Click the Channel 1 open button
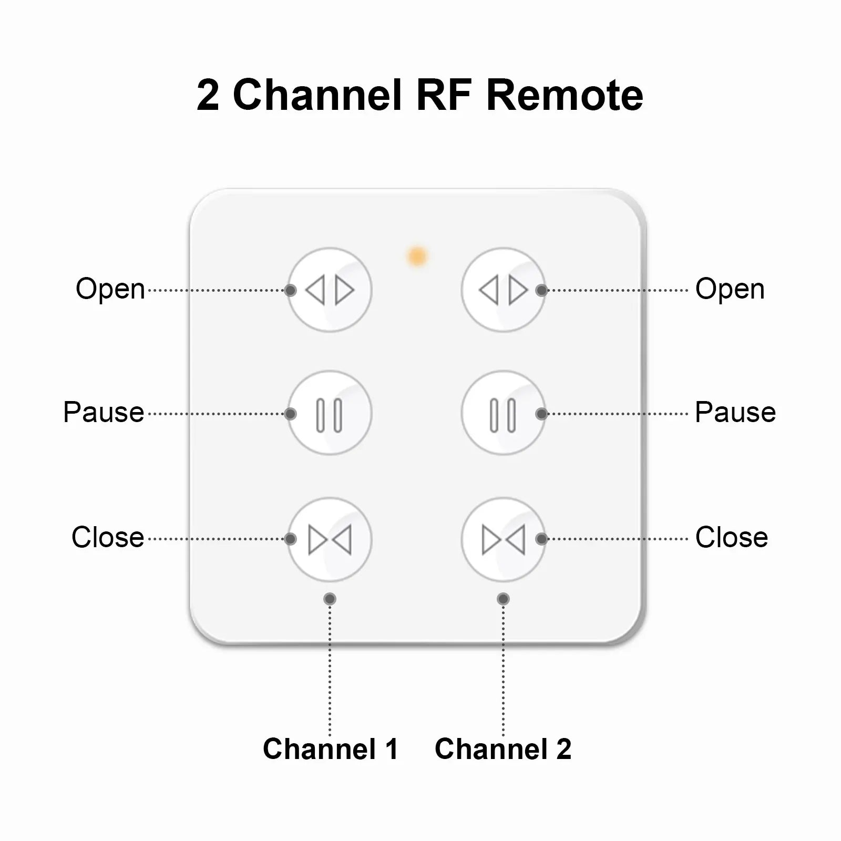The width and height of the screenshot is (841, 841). point(330,290)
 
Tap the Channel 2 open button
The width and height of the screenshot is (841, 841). point(503,290)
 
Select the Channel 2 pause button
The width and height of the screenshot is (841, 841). point(503,414)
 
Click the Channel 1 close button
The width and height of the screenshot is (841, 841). point(330,539)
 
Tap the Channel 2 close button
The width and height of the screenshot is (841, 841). point(503,539)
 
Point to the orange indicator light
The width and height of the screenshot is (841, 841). point(417,257)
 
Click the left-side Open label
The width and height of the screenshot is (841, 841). point(110,289)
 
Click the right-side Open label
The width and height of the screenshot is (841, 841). point(730,289)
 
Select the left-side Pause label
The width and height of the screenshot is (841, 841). point(104,412)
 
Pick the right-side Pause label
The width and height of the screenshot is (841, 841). point(735,412)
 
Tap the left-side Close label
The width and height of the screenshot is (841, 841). point(108,537)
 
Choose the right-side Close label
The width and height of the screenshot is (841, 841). point(731,537)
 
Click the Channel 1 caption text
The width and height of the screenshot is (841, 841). point(330,748)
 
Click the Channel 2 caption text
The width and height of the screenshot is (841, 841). point(502,748)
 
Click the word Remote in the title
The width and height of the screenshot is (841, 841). point(565,95)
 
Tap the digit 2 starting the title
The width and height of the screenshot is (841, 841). point(208,95)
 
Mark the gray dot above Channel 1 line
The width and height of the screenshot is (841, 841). point(330,599)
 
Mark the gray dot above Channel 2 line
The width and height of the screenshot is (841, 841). point(503,599)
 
